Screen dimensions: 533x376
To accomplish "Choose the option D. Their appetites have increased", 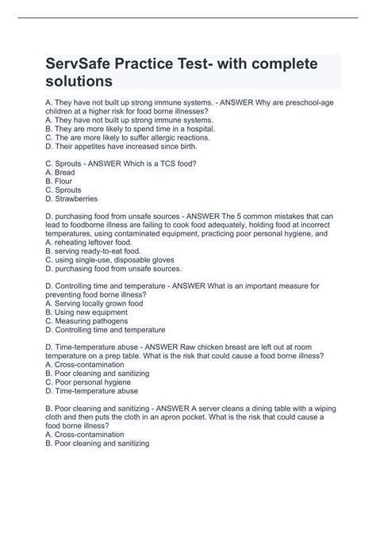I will pyautogui.click(x=117, y=146).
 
